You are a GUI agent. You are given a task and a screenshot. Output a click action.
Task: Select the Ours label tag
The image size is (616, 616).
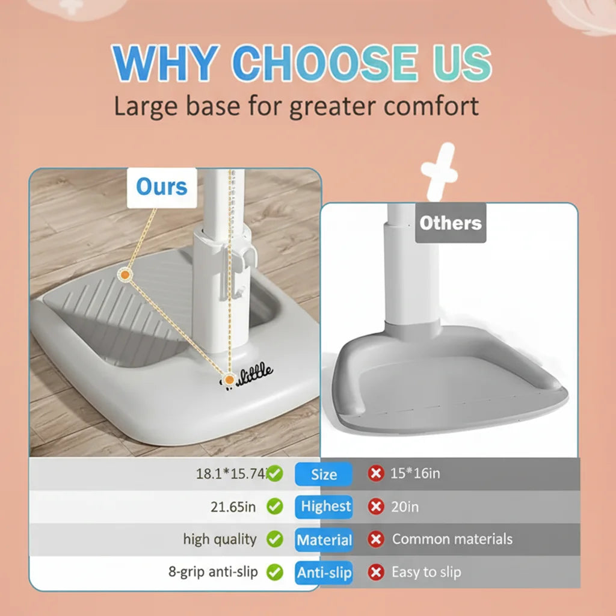162,187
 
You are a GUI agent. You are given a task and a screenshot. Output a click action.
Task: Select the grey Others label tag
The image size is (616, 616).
451,223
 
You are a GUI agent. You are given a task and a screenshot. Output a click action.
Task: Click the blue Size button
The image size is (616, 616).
324,474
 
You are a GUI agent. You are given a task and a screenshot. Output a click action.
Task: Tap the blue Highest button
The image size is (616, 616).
325,507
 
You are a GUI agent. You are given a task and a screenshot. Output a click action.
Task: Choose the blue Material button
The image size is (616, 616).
324,540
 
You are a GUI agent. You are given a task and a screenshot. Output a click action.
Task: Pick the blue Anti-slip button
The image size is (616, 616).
324,573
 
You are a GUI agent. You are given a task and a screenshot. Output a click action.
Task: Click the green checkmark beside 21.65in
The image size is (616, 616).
275,507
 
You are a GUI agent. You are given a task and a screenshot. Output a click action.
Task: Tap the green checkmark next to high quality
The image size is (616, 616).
275,539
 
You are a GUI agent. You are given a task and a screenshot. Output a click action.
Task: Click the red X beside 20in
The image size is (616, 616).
376,507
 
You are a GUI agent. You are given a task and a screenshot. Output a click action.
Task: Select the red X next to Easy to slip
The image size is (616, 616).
376,572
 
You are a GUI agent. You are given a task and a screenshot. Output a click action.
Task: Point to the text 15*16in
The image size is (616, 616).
415,473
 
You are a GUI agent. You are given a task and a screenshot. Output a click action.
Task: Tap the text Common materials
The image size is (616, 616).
452,539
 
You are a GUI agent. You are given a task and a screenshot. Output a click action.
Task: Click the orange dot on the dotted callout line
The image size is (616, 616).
125,275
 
